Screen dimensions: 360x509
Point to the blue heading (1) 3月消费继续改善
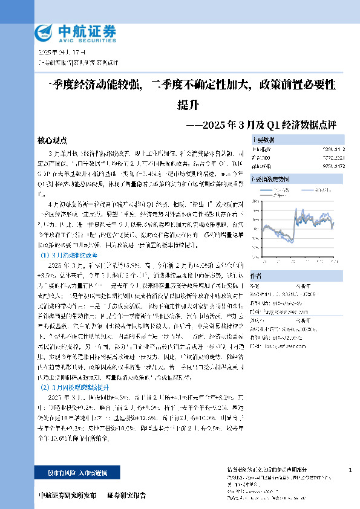73,254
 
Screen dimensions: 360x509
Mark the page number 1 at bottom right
351,470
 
